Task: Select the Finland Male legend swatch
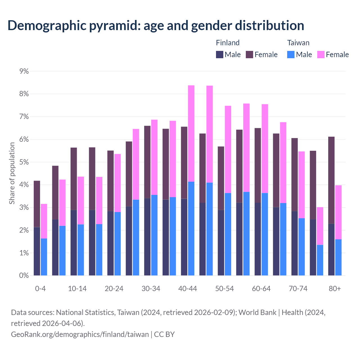tap(220, 55)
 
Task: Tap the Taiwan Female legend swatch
tap(321, 55)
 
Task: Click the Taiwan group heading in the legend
tap(298, 43)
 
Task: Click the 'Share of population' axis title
tap(12, 173)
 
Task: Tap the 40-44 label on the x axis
tap(188, 289)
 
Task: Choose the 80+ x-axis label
tap(335, 289)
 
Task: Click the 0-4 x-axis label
tap(40, 289)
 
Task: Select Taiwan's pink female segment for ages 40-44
tap(191, 134)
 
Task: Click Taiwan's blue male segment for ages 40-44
tap(191, 228)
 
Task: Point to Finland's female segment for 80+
tap(331, 180)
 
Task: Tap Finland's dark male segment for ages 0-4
tap(37, 251)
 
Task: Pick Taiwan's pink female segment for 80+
tap(338, 212)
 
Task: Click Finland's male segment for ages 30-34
tap(147, 237)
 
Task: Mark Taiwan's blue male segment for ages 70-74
tap(301, 247)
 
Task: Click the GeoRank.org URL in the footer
tap(80, 334)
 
